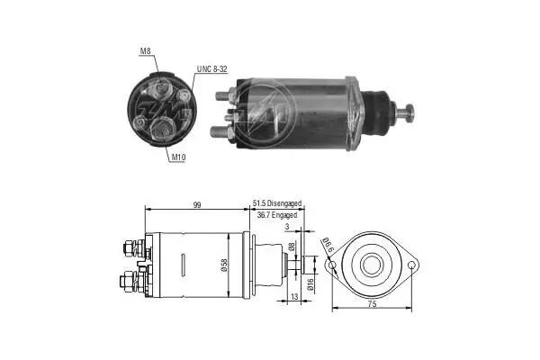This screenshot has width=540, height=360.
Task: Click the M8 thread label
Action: pos(145,51)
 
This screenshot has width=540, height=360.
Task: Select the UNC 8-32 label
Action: pos(211,69)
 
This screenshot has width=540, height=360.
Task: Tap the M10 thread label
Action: pos(178,157)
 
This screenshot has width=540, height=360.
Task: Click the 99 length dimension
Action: pos(196,205)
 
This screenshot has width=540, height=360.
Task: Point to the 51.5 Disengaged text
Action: pos(277,203)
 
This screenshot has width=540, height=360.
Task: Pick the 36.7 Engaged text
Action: pos(277,215)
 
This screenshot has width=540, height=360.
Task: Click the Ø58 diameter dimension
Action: pos(224,265)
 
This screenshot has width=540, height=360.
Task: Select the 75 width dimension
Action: pos(372,304)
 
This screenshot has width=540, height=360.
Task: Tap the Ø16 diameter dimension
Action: pos(310,284)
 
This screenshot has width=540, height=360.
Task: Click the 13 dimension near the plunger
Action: pos(294,297)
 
